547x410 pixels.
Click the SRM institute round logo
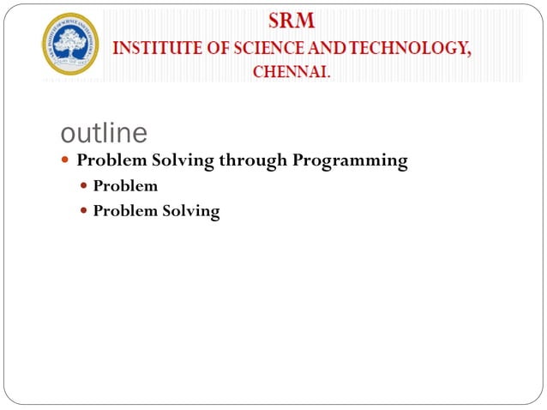[71, 44]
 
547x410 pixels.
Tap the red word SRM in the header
[292, 20]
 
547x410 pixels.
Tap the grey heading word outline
[105, 133]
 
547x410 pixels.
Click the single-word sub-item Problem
[125, 185]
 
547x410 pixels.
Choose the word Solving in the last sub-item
[191, 211]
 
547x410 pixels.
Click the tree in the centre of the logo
[71, 41]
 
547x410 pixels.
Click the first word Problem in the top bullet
[112, 160]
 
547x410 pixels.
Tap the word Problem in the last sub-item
[125, 210]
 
